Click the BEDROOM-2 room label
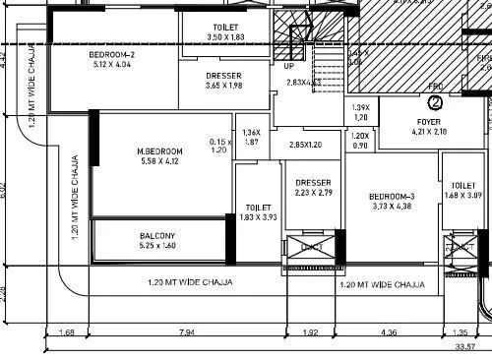pos(111,55)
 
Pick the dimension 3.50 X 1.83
pos(224,36)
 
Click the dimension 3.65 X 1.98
pos(224,86)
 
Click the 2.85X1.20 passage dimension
pos(306,145)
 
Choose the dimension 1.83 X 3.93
pos(258,216)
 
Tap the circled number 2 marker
pos(435,100)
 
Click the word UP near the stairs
pos(289,66)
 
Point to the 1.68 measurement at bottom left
pos(67,333)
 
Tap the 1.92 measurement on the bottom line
pos(311,333)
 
